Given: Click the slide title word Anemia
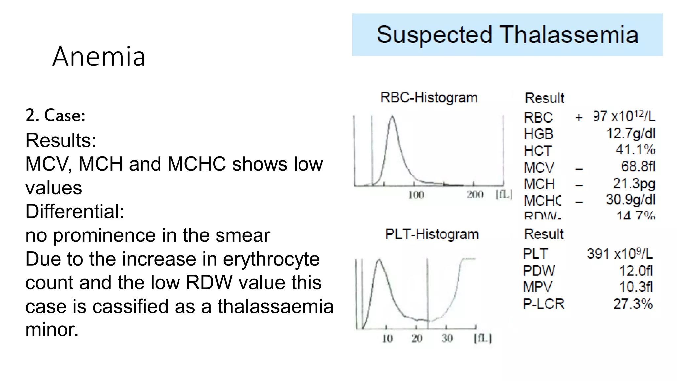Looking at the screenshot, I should [99, 57].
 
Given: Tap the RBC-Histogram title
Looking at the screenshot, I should [429, 98].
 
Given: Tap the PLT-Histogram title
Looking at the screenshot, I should [432, 234].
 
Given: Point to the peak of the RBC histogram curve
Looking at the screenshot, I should [392, 116].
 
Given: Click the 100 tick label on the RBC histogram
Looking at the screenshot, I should [416, 195].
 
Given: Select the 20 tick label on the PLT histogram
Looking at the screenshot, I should [417, 338].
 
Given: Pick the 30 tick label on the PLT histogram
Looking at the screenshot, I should [447, 338].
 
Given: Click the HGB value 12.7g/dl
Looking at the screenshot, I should [630, 133].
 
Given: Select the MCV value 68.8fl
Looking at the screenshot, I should [638, 166].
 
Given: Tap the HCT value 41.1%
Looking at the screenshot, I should [635, 149].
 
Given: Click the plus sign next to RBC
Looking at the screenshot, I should [579, 117].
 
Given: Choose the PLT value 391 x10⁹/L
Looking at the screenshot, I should [620, 254].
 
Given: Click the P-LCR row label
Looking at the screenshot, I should [543, 304].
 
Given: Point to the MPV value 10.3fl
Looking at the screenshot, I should [636, 287].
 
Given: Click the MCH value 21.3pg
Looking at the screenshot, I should [634, 183].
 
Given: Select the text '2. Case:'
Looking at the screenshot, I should [56, 116].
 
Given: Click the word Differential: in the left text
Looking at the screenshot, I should [75, 211].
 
